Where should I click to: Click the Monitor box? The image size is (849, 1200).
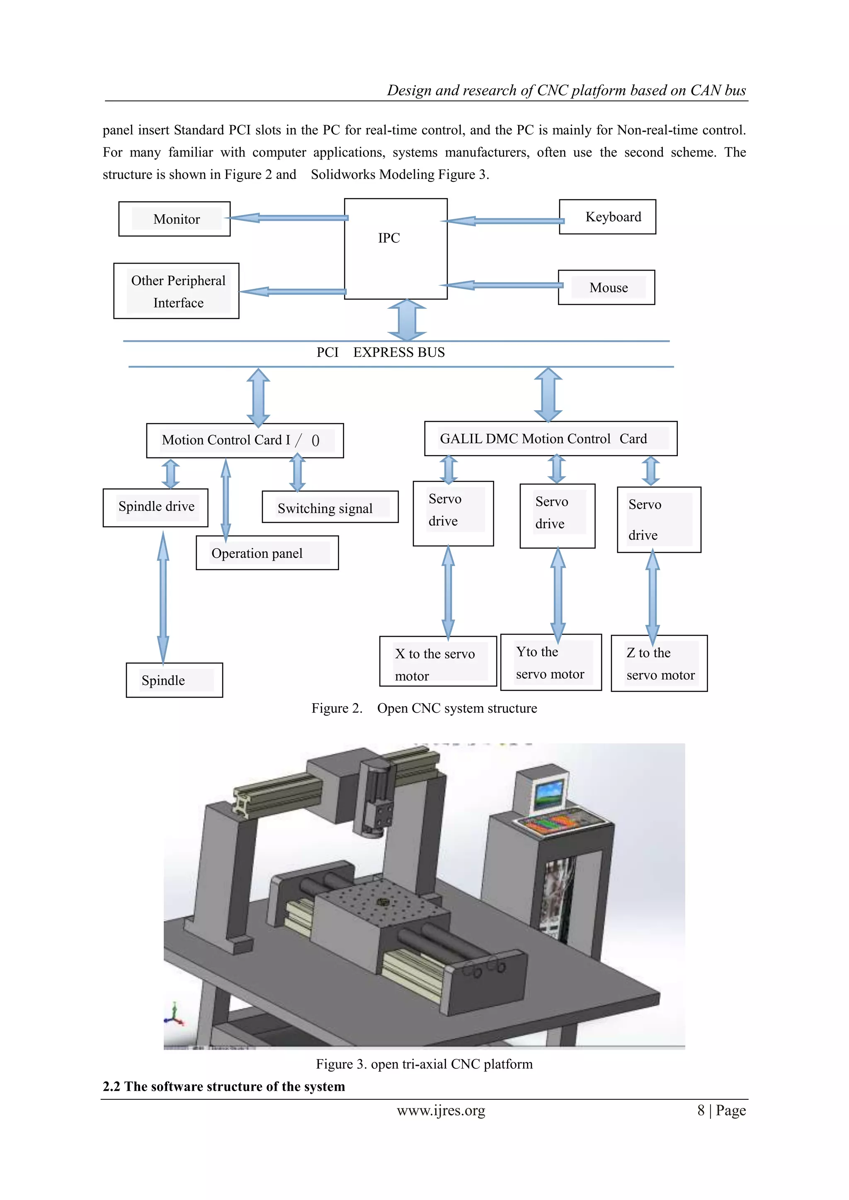(175, 219)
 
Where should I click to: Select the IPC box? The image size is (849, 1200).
(396, 248)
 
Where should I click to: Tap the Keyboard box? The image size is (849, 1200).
(607, 217)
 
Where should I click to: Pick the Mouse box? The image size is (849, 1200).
(606, 288)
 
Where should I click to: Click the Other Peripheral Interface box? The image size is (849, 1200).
(177, 291)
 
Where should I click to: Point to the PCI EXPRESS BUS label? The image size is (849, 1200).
(381, 353)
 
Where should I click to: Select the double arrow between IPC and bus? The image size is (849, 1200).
(407, 320)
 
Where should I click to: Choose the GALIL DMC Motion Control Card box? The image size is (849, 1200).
(551, 438)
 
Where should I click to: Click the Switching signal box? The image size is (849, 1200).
(330, 507)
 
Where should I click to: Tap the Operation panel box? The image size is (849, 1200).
(267, 553)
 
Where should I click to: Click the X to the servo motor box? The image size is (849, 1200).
(438, 662)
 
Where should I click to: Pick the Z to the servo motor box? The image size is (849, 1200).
(659, 664)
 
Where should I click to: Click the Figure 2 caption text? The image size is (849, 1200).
(424, 708)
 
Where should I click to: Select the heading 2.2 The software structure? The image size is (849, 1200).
(224, 1086)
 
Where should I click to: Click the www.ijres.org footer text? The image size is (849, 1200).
(441, 1110)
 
